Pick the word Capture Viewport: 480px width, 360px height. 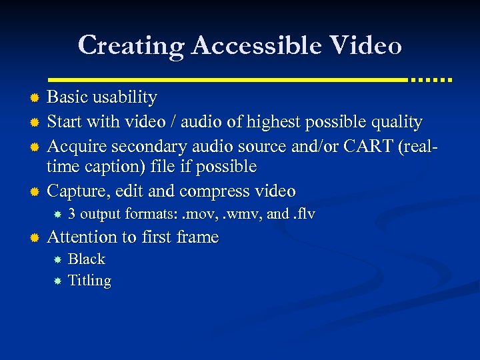coord(79,191)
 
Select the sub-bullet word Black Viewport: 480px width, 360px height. coord(87,259)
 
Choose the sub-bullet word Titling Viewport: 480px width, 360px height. coord(89,281)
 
